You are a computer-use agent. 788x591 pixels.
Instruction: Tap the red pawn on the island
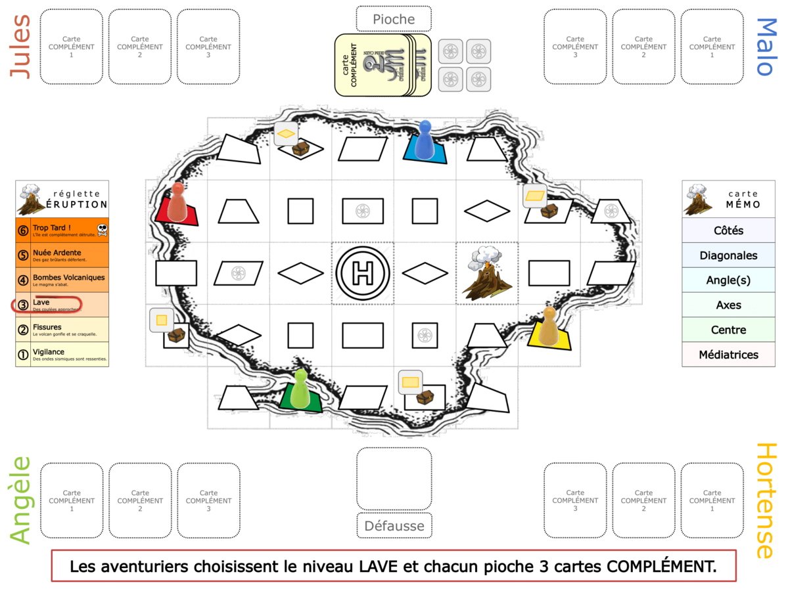point(177,202)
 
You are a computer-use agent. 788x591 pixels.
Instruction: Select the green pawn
point(300,388)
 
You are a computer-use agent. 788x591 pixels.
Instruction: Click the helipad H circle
point(363,273)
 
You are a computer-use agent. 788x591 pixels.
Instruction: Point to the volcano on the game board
point(487,274)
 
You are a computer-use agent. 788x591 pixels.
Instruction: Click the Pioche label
point(394,19)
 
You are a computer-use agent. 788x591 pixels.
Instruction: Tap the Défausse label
point(394,525)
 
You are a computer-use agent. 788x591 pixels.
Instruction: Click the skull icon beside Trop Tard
point(102,229)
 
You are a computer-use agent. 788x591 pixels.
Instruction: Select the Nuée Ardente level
point(62,255)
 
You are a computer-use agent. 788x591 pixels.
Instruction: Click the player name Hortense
point(766,500)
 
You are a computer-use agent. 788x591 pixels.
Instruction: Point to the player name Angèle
point(21,500)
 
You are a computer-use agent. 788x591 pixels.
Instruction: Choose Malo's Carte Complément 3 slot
point(575,47)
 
